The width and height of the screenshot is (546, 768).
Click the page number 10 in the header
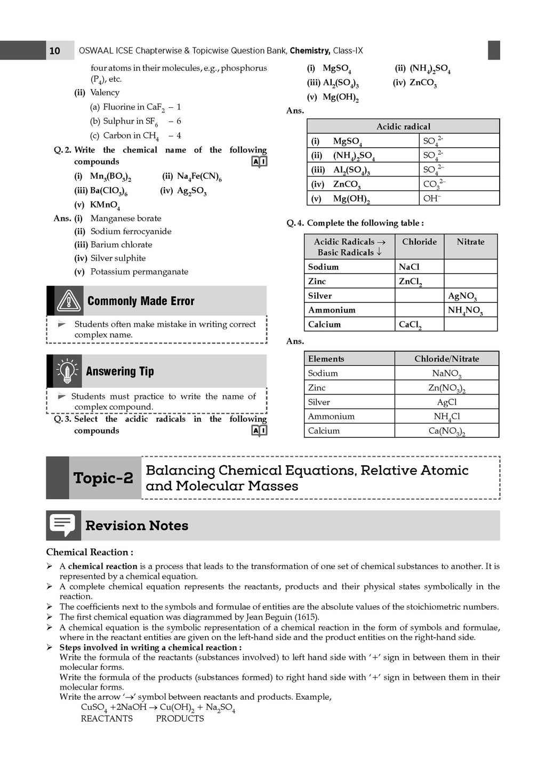(54, 51)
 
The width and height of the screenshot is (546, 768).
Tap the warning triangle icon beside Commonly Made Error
(69, 301)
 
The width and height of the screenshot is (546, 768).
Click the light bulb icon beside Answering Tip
(67, 371)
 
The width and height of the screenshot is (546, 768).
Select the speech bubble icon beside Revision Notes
(63, 525)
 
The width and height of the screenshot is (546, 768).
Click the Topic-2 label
(103, 478)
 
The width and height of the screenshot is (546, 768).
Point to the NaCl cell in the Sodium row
(409, 267)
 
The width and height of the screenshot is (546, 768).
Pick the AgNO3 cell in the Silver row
(462, 296)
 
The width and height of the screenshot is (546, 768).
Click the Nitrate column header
(470, 242)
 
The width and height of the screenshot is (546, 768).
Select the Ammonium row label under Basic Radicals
(332, 310)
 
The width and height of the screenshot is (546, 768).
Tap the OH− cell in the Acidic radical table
(432, 198)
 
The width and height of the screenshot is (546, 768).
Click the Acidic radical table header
(403, 126)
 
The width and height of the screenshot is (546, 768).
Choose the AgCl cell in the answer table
(447, 402)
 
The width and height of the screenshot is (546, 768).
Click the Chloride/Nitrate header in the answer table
(447, 359)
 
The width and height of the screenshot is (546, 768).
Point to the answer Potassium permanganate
(139, 271)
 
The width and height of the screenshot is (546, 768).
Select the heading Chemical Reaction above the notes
(90, 552)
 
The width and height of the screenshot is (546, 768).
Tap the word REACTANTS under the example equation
(107, 718)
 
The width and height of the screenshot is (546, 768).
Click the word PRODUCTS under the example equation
(180, 718)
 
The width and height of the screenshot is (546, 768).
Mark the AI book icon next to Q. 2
(259, 162)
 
